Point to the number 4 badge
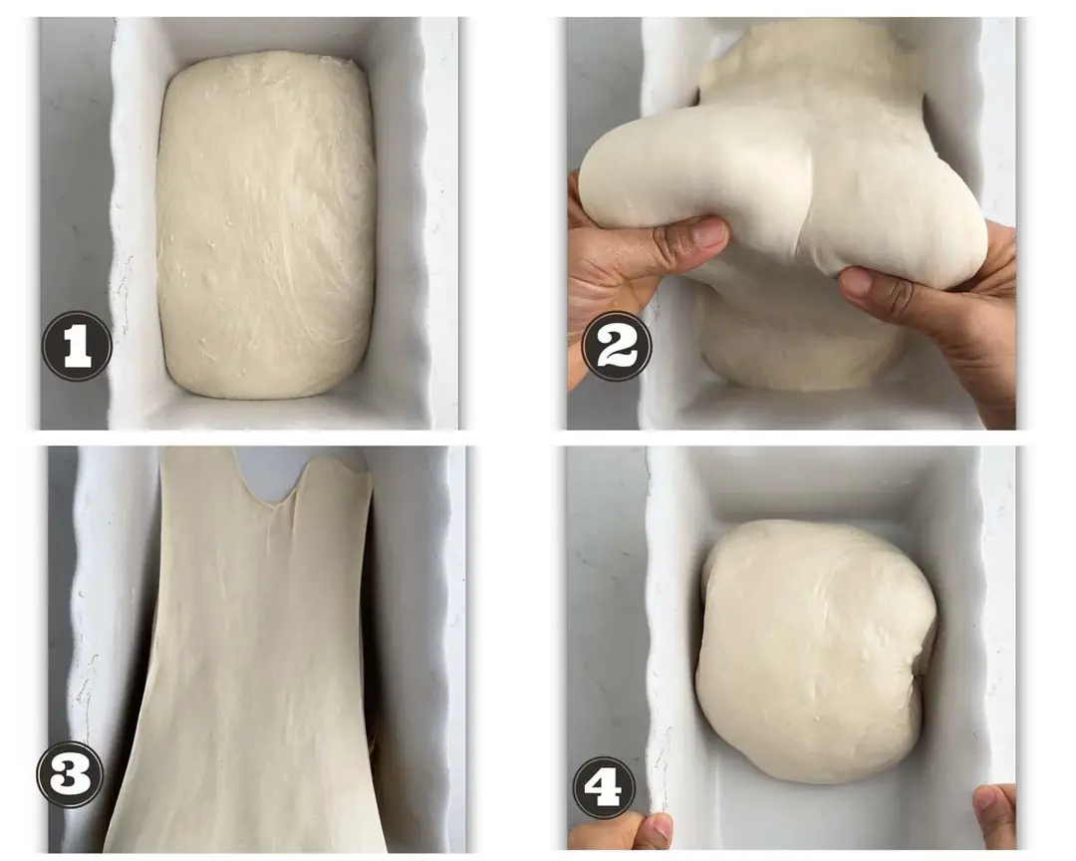(x=608, y=785)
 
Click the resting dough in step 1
(x=266, y=224)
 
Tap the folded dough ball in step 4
(x=815, y=651)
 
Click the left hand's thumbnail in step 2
(x=706, y=233)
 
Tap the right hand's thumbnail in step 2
(x=855, y=281)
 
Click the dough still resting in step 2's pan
(x=799, y=350)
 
